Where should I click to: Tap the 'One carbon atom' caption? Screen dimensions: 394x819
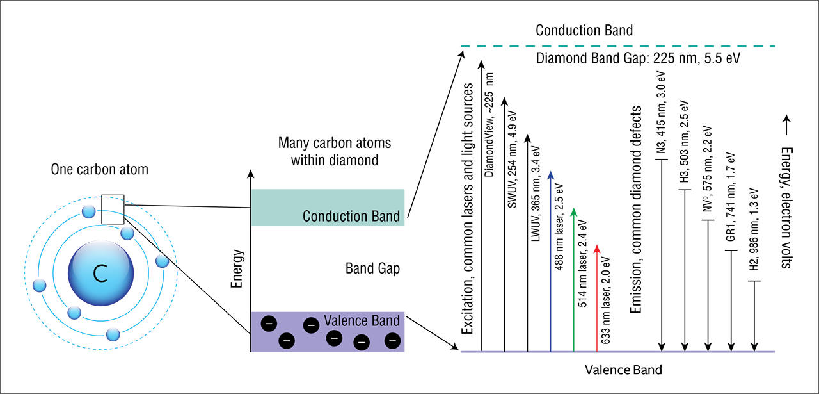[x=99, y=170]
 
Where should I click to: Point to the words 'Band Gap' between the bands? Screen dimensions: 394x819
[x=372, y=268]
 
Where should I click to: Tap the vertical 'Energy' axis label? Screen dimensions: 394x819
[x=237, y=268]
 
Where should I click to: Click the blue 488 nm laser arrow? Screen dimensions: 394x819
[x=551, y=263]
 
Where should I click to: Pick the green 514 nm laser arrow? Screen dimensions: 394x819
[x=574, y=282]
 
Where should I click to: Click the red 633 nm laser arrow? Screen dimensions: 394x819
[x=597, y=298]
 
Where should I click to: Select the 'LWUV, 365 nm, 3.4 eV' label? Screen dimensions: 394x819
[x=536, y=192]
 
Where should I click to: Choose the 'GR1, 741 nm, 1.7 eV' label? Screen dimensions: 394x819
[x=731, y=199]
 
